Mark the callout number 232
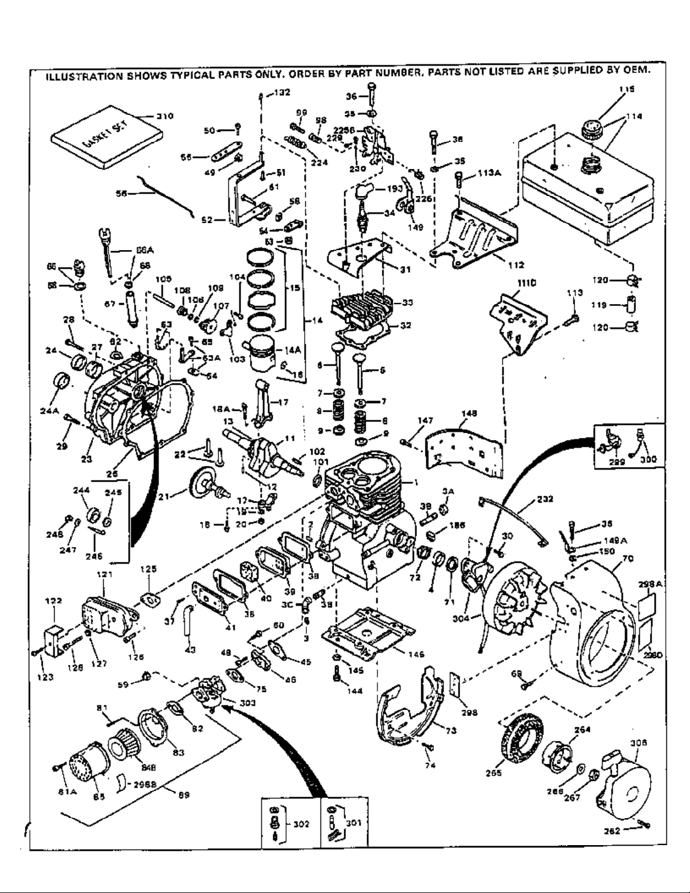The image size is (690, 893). [x=545, y=499]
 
